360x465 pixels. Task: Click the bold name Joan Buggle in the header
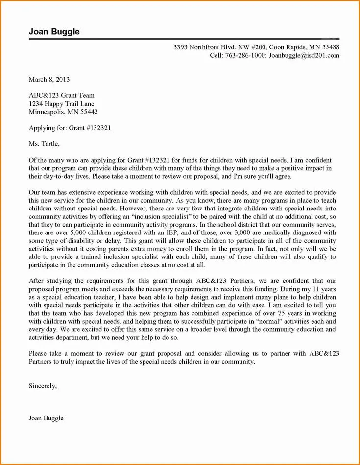[x=54, y=32]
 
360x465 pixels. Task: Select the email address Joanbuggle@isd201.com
[x=304, y=56]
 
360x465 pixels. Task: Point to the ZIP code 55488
[x=329, y=47]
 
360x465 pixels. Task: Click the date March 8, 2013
[x=49, y=79]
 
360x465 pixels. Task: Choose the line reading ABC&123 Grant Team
[x=61, y=95]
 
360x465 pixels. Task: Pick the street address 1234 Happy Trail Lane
[x=61, y=104]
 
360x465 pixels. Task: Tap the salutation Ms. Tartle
[x=44, y=144]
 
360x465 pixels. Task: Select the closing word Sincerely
[x=43, y=386]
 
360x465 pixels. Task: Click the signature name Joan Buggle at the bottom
[x=46, y=418]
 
